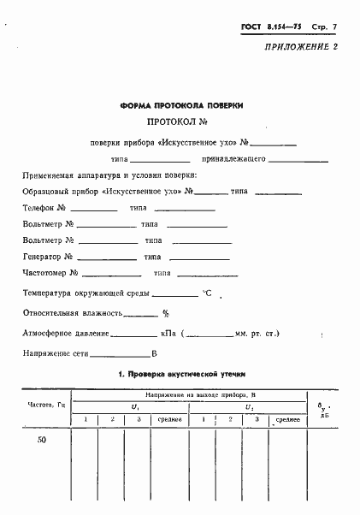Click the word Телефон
pos(39,208)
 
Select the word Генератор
pos(43,257)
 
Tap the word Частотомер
pos(45,273)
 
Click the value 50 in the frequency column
pos(44,440)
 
